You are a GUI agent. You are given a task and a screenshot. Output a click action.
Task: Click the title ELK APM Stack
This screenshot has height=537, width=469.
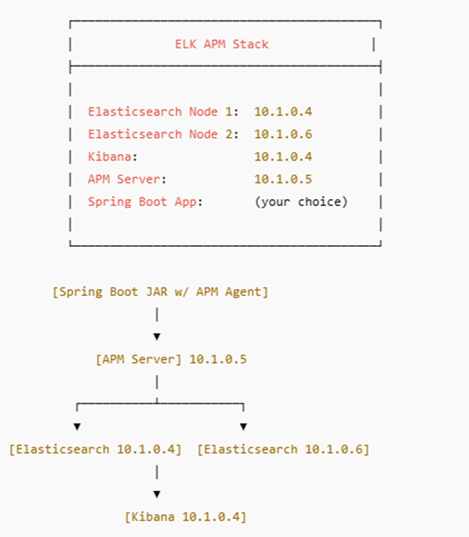[221, 44]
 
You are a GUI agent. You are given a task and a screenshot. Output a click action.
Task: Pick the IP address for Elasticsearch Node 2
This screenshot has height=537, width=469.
[283, 134]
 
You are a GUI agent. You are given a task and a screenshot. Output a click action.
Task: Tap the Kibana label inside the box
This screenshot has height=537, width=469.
[110, 157]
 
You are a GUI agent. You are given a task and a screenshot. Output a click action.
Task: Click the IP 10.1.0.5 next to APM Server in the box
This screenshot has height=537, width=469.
[283, 179]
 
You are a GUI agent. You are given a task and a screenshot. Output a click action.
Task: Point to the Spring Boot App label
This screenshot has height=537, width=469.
[142, 202]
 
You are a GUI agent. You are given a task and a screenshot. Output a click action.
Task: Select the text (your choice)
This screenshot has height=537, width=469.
[301, 202]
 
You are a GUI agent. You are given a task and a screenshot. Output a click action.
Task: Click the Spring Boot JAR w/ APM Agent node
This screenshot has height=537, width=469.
[160, 292]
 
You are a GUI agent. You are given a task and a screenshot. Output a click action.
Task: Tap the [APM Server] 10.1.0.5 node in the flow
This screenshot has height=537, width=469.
[171, 359]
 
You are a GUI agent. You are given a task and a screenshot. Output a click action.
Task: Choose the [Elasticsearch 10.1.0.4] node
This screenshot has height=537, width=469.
[95, 449]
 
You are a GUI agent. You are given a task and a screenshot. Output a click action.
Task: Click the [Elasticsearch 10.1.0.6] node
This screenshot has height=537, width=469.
[283, 449]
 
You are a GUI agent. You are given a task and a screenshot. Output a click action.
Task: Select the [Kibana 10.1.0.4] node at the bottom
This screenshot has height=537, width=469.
[186, 517]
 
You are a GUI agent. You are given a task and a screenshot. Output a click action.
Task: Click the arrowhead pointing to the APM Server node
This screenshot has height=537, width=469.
[157, 337]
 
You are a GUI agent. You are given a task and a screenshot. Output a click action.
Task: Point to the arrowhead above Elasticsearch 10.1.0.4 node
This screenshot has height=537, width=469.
[77, 426]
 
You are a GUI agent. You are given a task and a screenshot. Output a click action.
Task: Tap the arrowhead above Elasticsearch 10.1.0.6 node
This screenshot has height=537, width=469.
[243, 426]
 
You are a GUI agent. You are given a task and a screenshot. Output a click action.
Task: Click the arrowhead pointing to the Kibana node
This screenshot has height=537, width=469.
[157, 494]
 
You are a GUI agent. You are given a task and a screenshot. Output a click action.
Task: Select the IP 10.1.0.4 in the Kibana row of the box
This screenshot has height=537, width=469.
[283, 157]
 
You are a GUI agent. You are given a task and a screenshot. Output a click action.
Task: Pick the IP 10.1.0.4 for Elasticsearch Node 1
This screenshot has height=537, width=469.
[283, 111]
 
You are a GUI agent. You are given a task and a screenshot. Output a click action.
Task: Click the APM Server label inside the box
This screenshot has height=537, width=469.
[124, 179]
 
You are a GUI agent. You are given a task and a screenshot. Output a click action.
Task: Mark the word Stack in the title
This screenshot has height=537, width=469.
[250, 44]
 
